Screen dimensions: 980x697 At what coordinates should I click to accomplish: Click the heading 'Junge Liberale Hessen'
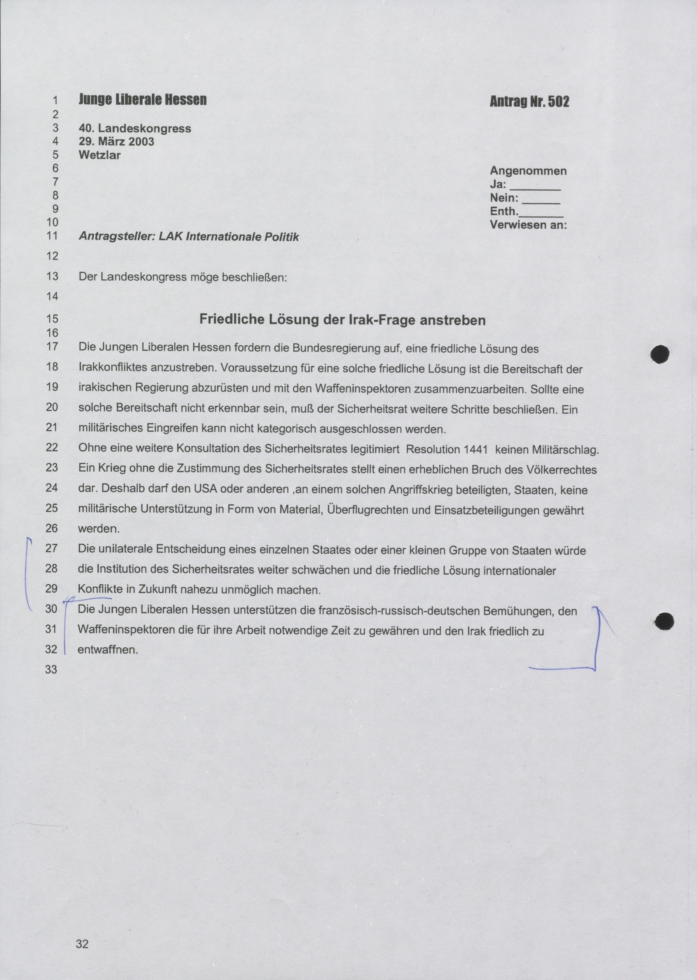pyautogui.click(x=142, y=100)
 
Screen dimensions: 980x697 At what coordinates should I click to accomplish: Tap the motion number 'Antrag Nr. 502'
pyautogui.click(x=529, y=102)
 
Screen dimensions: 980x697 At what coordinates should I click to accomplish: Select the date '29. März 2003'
pyautogui.click(x=116, y=142)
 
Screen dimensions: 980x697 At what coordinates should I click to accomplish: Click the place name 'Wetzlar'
pyautogui.click(x=100, y=155)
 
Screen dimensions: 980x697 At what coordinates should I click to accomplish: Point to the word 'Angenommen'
pyautogui.click(x=528, y=171)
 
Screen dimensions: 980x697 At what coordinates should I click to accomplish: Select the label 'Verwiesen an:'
pyautogui.click(x=528, y=225)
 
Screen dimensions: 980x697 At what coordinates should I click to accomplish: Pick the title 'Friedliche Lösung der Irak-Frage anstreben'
pyautogui.click(x=342, y=320)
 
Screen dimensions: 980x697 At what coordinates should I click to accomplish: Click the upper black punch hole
pyautogui.click(x=660, y=354)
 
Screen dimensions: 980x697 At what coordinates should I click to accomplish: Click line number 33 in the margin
pyautogui.click(x=51, y=669)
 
